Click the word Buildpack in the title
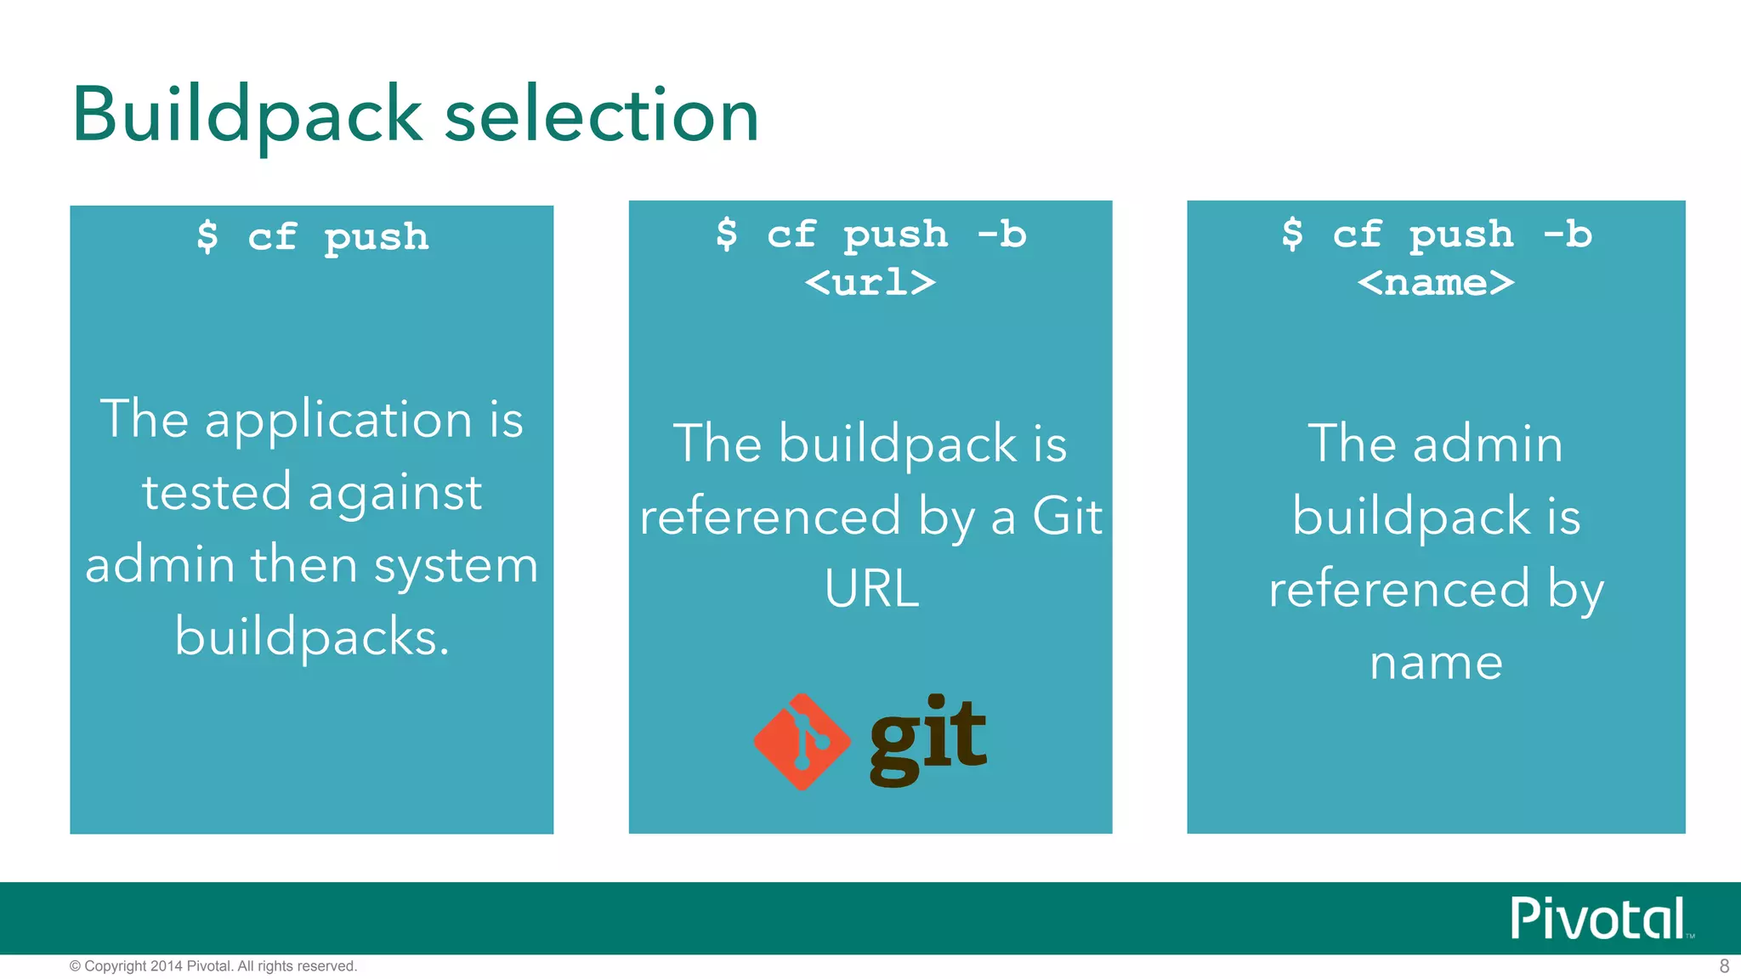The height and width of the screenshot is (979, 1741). [247, 116]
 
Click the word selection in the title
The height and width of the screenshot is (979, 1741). [602, 116]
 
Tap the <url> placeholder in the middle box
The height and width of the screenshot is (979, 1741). [870, 282]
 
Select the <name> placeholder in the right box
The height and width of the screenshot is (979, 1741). [1436, 282]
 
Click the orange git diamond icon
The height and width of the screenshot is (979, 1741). [802, 742]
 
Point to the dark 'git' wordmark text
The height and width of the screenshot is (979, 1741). [928, 739]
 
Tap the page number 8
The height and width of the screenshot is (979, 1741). [1724, 966]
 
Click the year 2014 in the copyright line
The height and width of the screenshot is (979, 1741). [167, 966]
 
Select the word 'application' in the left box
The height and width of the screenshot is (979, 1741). [338, 420]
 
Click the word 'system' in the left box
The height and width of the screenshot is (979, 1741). [457, 565]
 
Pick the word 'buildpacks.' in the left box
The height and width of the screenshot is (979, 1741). [312, 637]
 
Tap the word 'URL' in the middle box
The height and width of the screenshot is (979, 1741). [871, 588]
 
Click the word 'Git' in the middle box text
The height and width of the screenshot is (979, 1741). [1067, 516]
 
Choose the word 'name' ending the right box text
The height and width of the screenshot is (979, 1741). [1436, 662]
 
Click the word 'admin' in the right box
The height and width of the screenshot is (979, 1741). [1488, 444]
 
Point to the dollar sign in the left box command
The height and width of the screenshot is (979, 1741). [207, 236]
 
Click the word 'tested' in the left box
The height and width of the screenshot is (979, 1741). [217, 493]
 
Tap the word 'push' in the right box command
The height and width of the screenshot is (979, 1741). [1461, 235]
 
